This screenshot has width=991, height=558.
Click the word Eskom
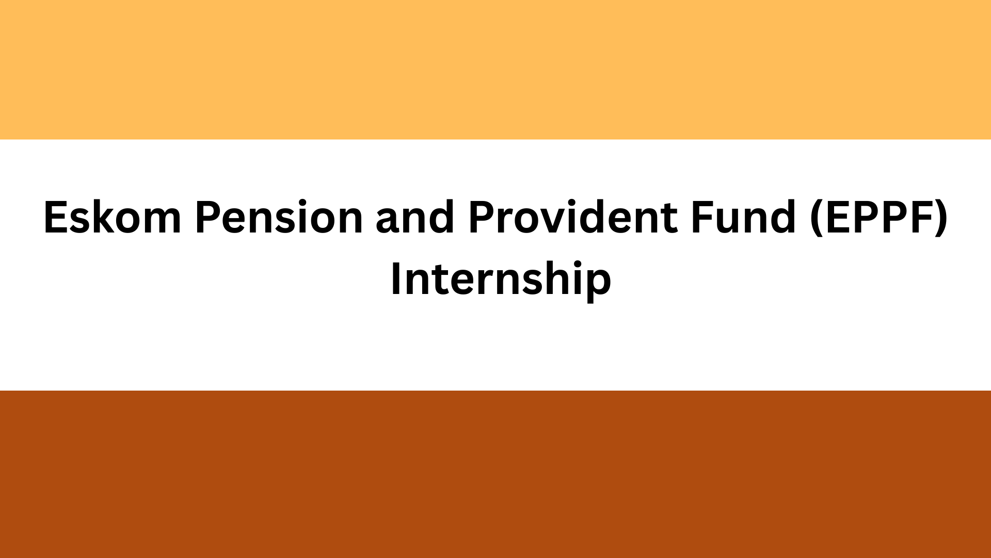pyautogui.click(x=112, y=217)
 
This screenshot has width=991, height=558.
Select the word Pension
pyautogui.click(x=279, y=217)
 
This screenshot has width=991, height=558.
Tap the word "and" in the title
pyautogui.click(x=415, y=217)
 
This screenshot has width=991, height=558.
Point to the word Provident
pyautogui.click(x=572, y=217)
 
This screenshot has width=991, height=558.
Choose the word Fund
pyautogui.click(x=743, y=217)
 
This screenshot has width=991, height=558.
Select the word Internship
pyautogui.click(x=501, y=279)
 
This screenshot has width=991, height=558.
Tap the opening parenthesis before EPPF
pyautogui.click(x=817, y=218)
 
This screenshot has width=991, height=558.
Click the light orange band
pyautogui.click(x=495, y=70)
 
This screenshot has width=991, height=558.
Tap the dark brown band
pyautogui.click(x=495, y=474)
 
